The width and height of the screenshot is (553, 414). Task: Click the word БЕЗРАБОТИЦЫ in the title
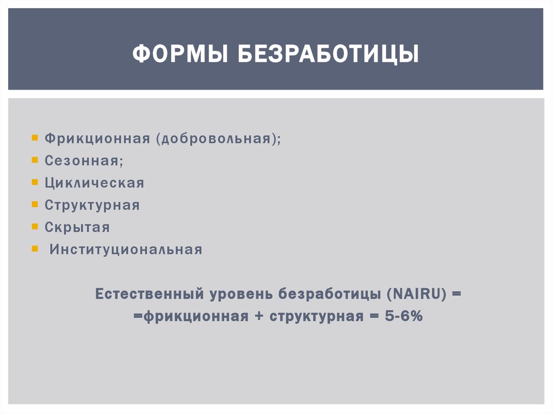[327, 55]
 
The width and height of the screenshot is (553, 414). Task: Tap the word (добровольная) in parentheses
[219, 139]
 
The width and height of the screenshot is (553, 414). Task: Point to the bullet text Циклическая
[95, 183]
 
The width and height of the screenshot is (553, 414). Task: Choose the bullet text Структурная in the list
[92, 205]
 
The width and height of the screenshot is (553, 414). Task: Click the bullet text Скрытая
[77, 227]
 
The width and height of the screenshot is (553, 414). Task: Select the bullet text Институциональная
[126, 249]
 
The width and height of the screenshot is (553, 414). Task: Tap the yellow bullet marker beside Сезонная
[35, 160]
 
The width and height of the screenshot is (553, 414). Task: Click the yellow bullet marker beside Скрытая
[35, 226]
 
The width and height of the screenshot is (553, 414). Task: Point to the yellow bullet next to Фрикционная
[35, 138]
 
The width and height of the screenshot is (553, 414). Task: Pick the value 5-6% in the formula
[404, 317]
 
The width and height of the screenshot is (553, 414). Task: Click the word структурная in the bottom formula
[316, 317]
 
